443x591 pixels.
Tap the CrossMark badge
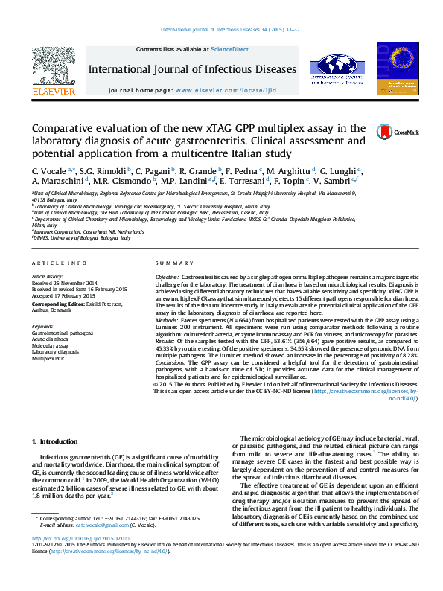pos(387,132)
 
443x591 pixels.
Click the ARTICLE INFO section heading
pos(54,263)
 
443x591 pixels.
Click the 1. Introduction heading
pos(57,442)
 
